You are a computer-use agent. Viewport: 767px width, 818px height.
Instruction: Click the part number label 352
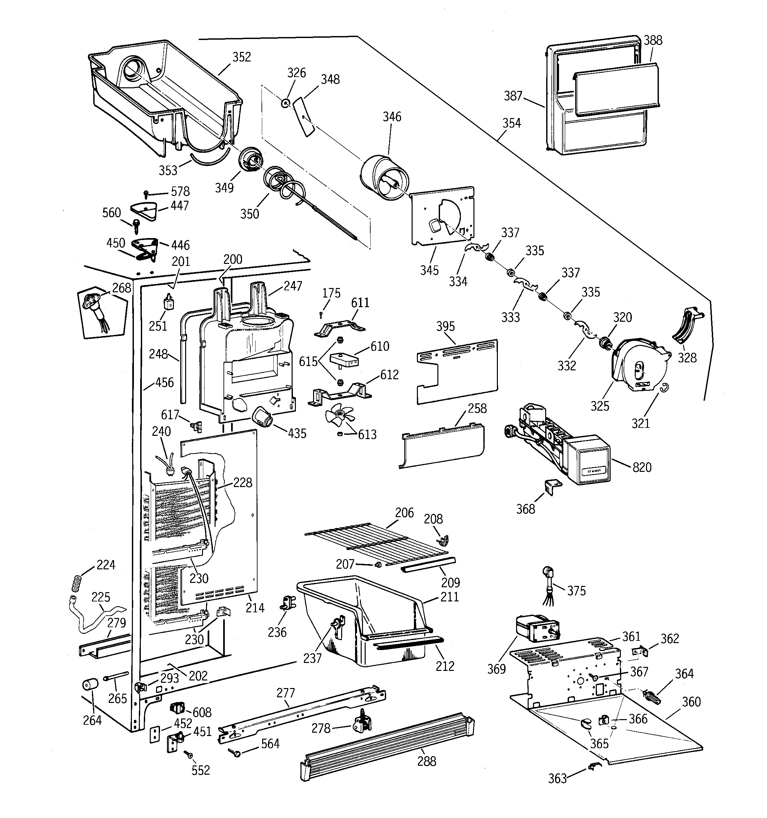coord(242,57)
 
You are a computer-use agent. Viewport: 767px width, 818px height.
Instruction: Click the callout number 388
coord(653,40)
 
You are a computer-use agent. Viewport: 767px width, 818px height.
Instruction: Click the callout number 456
coord(164,382)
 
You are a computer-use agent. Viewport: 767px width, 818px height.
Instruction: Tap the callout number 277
coord(286,693)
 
